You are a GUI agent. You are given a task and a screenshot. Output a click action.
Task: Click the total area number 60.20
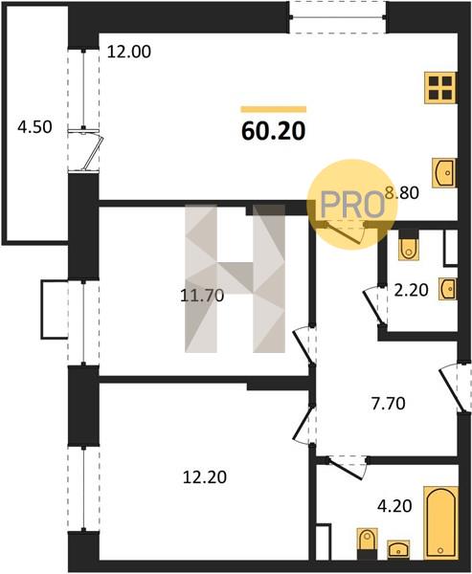tap(274, 131)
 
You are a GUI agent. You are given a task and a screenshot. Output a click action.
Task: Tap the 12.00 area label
tap(128, 52)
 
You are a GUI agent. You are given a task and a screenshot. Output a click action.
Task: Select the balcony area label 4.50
tap(34, 127)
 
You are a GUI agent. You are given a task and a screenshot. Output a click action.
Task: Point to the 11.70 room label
tap(202, 295)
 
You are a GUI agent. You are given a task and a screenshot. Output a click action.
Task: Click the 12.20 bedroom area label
tap(205, 477)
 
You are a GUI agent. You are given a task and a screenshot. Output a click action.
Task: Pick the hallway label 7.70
tap(388, 404)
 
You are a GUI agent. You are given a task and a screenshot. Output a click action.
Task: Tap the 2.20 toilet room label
tap(411, 290)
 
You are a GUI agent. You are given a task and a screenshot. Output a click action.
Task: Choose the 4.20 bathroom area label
tap(394, 506)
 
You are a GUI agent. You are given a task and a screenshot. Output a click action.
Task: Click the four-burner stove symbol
tap(440, 88)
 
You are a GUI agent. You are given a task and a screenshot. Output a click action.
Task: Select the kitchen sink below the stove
tap(444, 173)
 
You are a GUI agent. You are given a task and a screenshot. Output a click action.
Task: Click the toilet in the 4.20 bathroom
tap(367, 544)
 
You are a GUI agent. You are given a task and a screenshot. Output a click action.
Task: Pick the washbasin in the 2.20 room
tap(448, 289)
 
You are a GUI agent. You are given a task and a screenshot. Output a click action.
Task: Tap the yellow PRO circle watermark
tap(352, 205)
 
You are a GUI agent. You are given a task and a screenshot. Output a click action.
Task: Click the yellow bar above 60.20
tap(274, 109)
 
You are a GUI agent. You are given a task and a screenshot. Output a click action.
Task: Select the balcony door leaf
tap(93, 153)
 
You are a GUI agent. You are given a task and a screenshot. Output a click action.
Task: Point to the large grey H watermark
tap(235, 278)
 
